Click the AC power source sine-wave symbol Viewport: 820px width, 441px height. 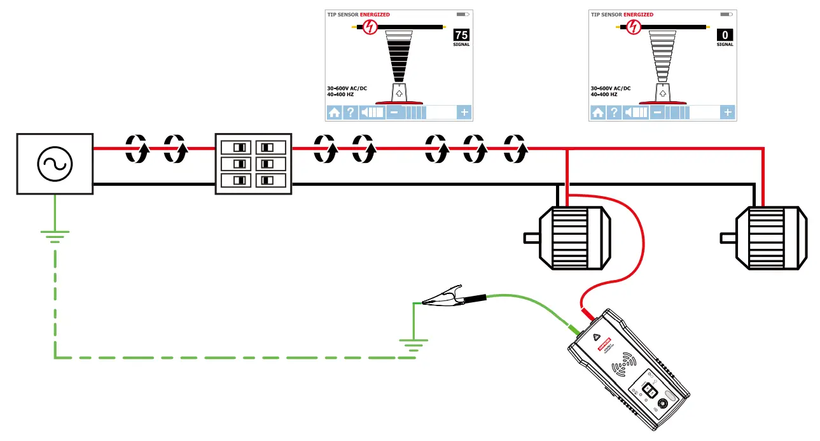[x=55, y=164]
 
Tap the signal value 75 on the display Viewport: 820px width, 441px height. [x=461, y=35]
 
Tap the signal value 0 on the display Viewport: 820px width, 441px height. [x=725, y=35]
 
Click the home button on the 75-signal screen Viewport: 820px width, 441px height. [x=334, y=113]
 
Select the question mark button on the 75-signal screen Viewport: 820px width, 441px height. [x=350, y=113]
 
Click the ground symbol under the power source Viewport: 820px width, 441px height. [x=55, y=237]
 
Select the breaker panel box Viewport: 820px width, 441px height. [x=253, y=164]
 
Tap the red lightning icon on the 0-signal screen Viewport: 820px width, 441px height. [x=632, y=27]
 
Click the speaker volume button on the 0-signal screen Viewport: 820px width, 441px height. [x=636, y=113]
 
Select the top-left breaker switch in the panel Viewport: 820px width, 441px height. [x=239, y=147]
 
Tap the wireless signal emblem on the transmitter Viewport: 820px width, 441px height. [x=625, y=367]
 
